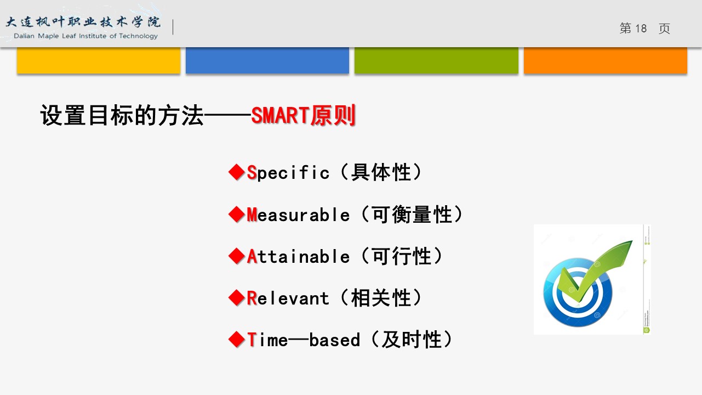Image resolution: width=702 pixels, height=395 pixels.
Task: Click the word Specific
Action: (288, 172)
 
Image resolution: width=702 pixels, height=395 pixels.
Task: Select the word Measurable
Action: (298, 215)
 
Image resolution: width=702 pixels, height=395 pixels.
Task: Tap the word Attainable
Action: (298, 256)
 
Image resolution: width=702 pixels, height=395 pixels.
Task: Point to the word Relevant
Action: (288, 298)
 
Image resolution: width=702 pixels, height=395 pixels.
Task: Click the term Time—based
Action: (304, 340)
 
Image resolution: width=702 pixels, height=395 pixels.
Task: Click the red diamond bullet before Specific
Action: (237, 172)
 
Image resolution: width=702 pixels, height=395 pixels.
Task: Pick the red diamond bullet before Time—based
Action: (237, 340)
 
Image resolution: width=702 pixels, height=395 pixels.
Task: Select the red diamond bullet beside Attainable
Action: (237, 256)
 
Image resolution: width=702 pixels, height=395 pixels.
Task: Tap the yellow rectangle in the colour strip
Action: (99, 60)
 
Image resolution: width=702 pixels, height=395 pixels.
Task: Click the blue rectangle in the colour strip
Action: (267, 60)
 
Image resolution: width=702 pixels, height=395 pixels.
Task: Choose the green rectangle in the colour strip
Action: (436, 60)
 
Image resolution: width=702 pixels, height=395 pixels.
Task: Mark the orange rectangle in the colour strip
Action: (606, 60)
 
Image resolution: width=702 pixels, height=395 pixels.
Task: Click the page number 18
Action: (641, 29)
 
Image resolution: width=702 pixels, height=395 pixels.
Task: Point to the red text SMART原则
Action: (304, 115)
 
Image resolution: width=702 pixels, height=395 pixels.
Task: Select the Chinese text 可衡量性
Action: (412, 215)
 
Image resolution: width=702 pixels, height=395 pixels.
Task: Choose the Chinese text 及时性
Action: (412, 340)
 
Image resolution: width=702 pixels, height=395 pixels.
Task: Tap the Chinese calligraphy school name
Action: (83, 22)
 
